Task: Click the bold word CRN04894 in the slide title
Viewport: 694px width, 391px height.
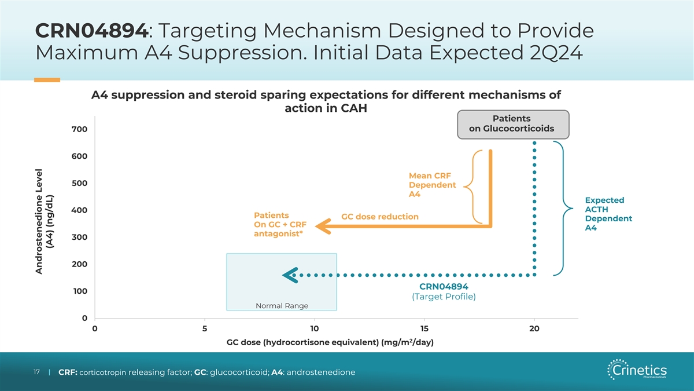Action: pyautogui.click(x=91, y=30)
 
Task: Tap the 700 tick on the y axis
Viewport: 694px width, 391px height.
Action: pyautogui.click(x=80, y=129)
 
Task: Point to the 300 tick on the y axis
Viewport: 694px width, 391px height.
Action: pyautogui.click(x=80, y=237)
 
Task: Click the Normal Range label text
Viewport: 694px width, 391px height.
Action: pyautogui.click(x=282, y=306)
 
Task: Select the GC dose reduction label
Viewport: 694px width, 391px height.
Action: pyautogui.click(x=380, y=217)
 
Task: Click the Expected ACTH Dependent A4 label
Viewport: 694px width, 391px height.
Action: pyautogui.click(x=608, y=214)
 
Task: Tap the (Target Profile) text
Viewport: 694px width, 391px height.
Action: pyautogui.click(x=444, y=297)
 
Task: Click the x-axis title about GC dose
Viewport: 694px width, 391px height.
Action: pyautogui.click(x=331, y=342)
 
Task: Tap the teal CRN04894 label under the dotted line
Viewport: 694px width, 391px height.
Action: pyautogui.click(x=444, y=286)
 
